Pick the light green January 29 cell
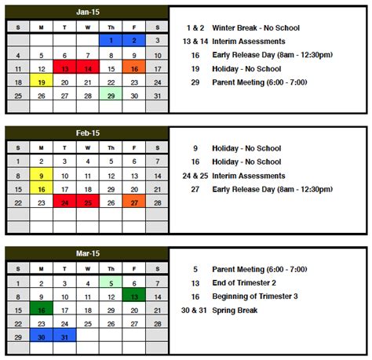(x=111, y=95)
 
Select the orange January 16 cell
(x=134, y=68)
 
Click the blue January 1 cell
(x=111, y=41)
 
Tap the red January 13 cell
(x=64, y=68)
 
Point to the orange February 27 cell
(x=134, y=202)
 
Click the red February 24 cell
(x=64, y=202)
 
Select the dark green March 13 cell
(x=134, y=296)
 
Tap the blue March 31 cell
(x=64, y=336)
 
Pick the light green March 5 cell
(x=111, y=282)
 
